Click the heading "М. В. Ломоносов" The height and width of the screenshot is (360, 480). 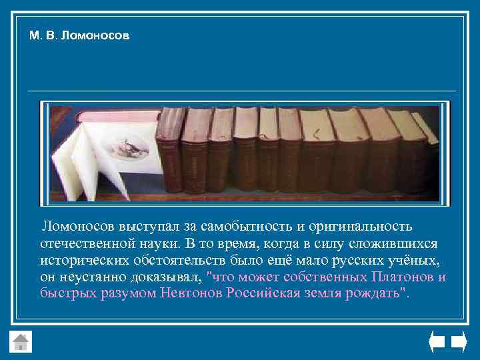[79, 35]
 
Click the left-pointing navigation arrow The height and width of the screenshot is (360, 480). [436, 342]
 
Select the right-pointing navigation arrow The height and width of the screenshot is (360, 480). [459, 342]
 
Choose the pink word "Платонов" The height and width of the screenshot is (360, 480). [403, 277]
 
